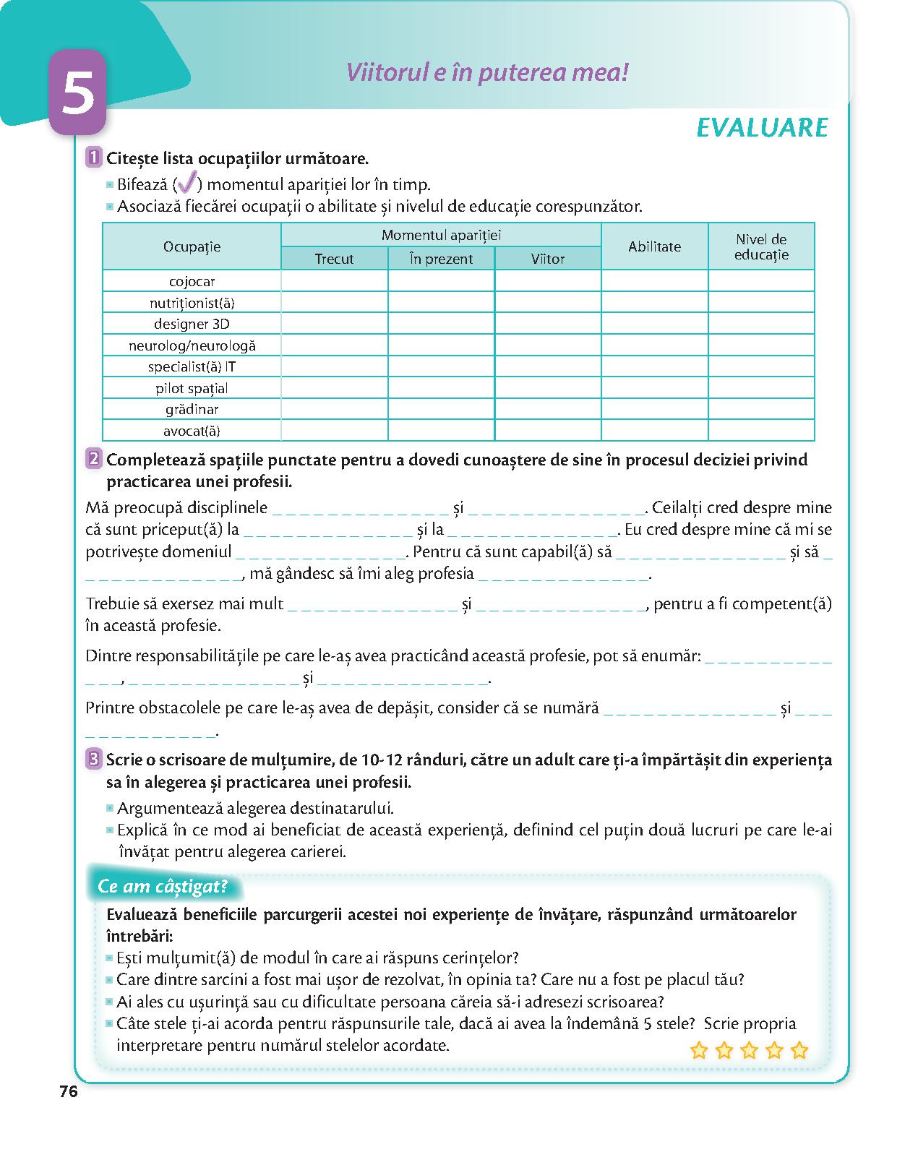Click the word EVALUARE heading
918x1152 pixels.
(761, 127)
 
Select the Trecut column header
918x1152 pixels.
(334, 259)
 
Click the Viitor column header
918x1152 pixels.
(547, 259)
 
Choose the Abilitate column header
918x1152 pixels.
(654, 246)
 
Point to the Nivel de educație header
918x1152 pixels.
(761, 246)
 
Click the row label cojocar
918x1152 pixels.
(192, 281)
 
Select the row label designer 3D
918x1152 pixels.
(192, 324)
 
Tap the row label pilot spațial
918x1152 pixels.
(192, 388)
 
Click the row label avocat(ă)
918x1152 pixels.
(192, 431)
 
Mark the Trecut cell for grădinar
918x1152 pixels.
(334, 409)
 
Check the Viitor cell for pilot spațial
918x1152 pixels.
(547, 388)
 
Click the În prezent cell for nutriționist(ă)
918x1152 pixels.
(441, 302)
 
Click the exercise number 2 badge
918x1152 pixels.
(93, 459)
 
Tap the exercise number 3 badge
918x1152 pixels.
(93, 760)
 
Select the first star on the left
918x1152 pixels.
(699, 1050)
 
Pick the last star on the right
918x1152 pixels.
(799, 1050)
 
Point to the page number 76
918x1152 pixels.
(69, 1092)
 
